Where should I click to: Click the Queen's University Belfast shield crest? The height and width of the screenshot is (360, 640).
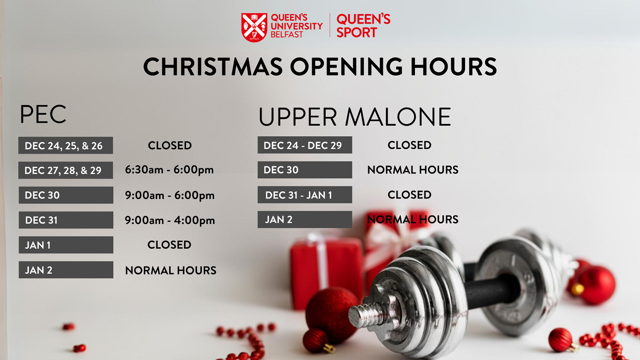click(254, 27)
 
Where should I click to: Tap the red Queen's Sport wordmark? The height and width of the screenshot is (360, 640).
click(363, 26)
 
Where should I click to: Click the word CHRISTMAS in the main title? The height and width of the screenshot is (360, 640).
click(213, 67)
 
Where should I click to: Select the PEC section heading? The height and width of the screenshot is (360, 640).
click(43, 114)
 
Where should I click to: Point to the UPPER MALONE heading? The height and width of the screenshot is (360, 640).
click(355, 117)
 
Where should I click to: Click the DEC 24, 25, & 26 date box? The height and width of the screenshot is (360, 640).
click(66, 146)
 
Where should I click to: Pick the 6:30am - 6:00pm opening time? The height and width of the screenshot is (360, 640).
click(169, 170)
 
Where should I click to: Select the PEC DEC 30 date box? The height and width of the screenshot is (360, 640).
click(66, 195)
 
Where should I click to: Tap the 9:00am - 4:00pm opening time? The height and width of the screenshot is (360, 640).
click(170, 220)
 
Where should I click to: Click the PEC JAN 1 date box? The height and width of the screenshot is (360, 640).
click(66, 245)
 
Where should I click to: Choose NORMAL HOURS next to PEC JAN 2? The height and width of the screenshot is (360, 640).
click(171, 270)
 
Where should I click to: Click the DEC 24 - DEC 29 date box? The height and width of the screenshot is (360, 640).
click(305, 145)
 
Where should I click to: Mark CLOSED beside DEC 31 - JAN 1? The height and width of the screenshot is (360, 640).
click(410, 195)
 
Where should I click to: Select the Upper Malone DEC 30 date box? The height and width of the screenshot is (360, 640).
click(305, 170)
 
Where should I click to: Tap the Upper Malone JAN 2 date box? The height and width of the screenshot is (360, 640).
click(305, 219)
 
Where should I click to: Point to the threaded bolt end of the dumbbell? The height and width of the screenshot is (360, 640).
click(364, 316)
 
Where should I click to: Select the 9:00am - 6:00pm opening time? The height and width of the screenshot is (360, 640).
click(170, 196)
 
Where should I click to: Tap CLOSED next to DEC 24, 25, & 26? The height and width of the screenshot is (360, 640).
click(170, 146)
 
